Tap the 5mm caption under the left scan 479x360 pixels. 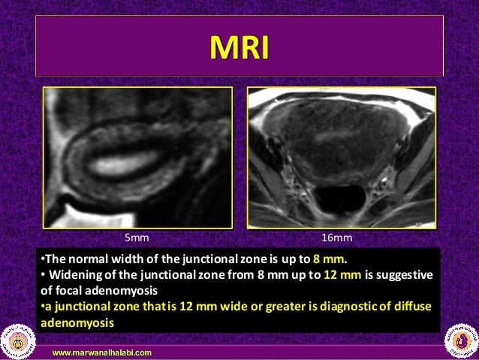click(x=136, y=237)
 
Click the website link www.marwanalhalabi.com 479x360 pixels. click(x=101, y=352)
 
